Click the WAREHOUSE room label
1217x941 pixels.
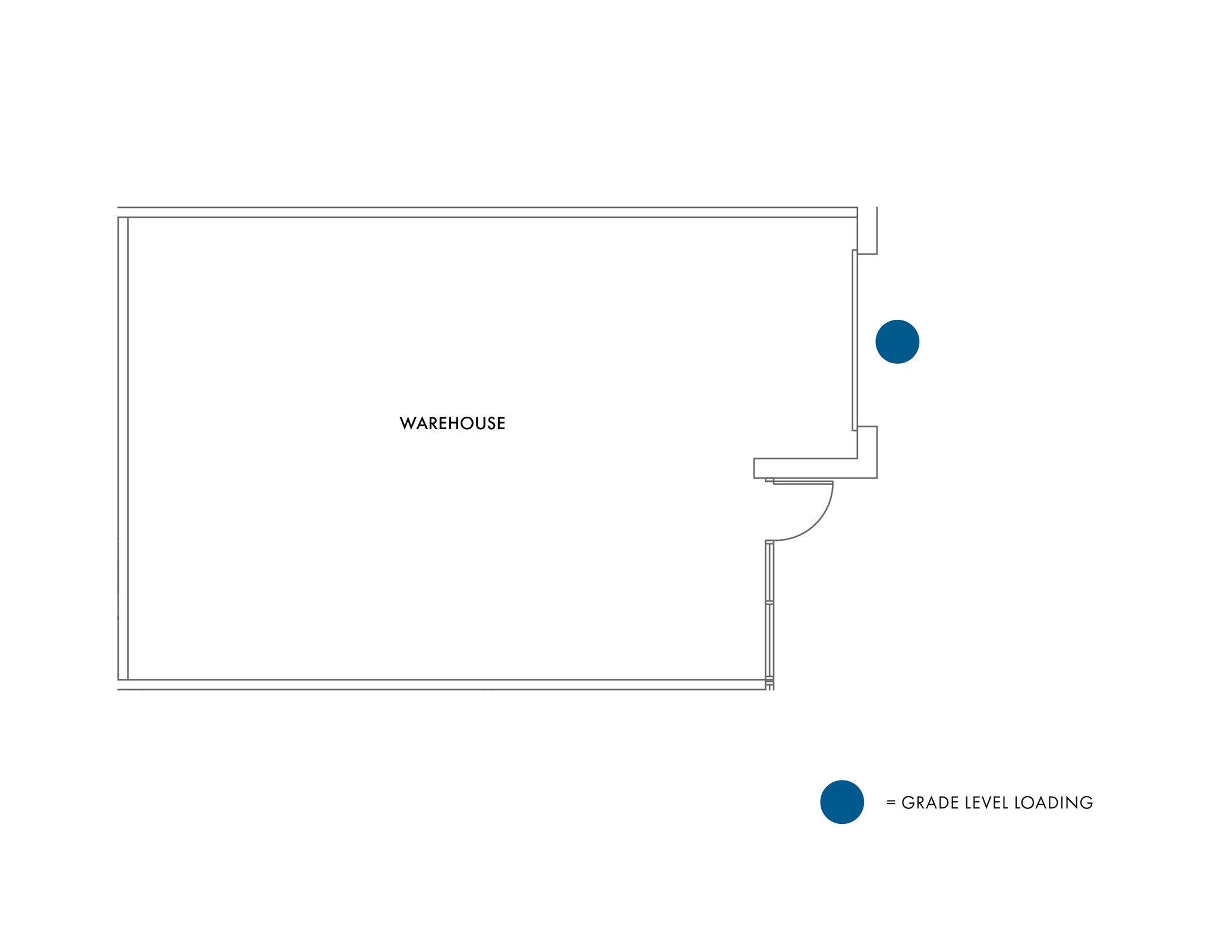452,423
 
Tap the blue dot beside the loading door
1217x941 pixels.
897,342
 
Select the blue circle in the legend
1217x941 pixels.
842,802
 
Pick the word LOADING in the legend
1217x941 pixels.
1054,802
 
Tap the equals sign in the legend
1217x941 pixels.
891,802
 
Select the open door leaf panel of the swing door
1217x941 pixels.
803,483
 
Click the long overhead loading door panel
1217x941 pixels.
855,340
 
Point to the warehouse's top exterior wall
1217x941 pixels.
487,212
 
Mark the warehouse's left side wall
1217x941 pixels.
123,448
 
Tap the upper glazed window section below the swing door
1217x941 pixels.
770,572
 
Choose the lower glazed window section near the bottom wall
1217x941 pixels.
770,641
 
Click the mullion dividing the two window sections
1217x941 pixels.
770,603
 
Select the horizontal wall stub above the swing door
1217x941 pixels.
815,468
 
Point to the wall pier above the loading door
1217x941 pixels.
867,231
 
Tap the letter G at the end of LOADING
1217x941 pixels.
1087,802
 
